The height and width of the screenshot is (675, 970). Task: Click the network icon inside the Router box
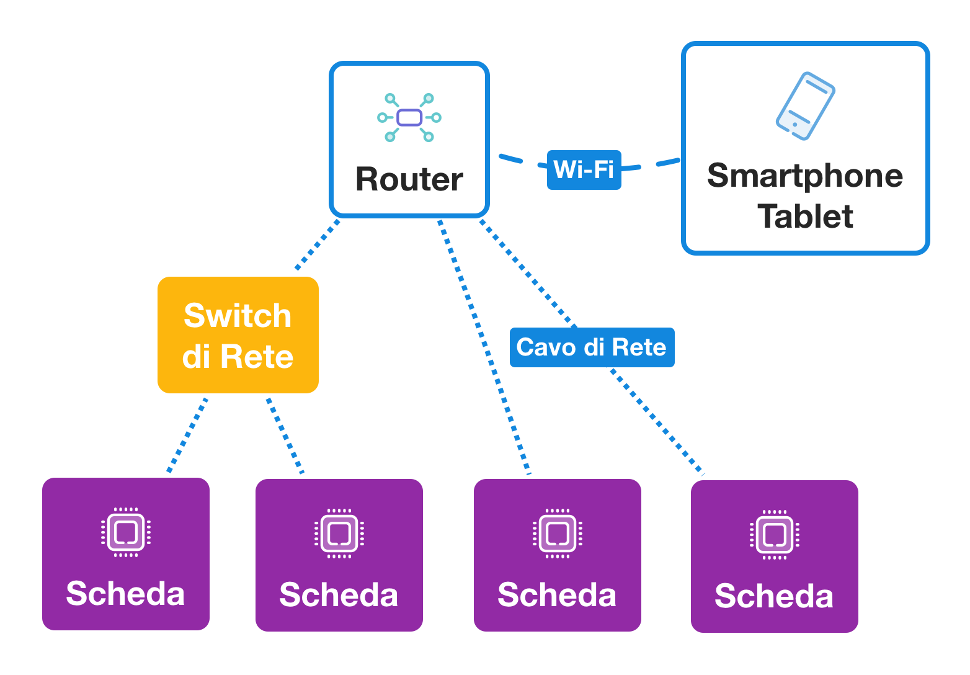coord(409,117)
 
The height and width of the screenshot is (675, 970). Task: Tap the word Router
coord(409,179)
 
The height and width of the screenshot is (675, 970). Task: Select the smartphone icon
coord(806,105)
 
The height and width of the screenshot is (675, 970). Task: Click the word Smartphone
coord(805,176)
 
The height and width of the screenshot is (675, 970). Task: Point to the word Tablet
coord(805,217)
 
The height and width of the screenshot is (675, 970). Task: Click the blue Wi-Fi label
coord(584,169)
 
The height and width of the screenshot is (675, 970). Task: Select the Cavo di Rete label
coord(592,347)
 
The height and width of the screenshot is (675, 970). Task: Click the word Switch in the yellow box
coord(238,316)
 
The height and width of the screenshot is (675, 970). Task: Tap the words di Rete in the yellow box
coord(238,357)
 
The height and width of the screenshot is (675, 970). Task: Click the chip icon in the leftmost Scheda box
coord(126,532)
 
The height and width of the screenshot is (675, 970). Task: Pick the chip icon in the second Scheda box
coord(339,534)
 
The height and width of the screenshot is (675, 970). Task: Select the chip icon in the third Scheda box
coord(557,534)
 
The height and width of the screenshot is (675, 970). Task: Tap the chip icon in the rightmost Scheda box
coord(775,535)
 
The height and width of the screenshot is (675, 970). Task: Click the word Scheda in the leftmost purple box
coord(125,594)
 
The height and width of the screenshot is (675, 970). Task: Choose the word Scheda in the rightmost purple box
coord(774,596)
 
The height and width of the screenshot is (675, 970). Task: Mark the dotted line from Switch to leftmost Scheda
coord(187,435)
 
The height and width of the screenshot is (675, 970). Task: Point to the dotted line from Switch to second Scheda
coord(285,436)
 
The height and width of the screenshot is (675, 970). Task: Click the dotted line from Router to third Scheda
coord(484,347)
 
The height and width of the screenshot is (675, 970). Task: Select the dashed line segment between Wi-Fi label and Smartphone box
coord(660,164)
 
